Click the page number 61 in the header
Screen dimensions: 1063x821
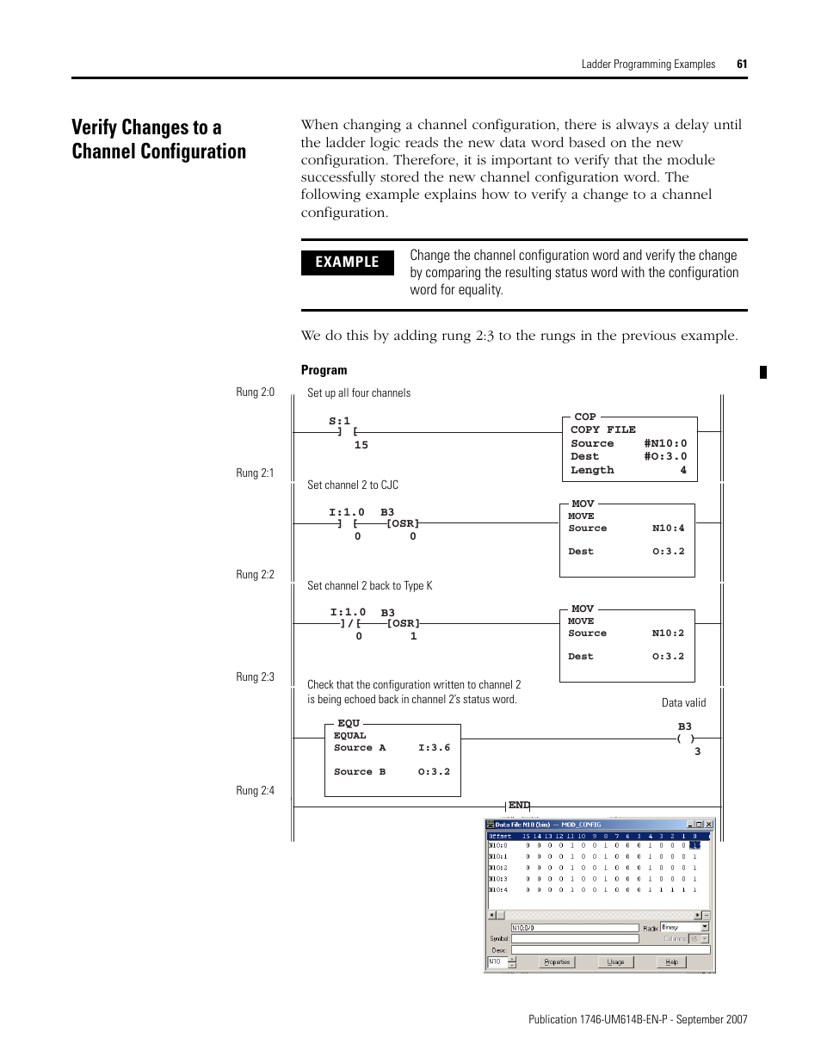point(742,64)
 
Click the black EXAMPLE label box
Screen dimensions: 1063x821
point(347,262)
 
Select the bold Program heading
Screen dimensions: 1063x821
point(324,370)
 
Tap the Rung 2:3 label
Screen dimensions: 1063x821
point(255,677)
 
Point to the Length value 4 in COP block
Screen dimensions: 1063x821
point(683,470)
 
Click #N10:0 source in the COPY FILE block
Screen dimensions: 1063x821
point(665,443)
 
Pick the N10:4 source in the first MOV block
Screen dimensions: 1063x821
point(668,528)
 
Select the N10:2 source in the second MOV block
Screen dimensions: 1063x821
point(668,633)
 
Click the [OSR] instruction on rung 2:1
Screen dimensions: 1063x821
point(403,523)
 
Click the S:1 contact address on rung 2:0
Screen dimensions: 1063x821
point(339,421)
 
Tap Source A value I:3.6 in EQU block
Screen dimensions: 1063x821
point(434,748)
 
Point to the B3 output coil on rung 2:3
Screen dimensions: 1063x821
point(685,738)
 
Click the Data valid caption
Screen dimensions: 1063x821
point(683,702)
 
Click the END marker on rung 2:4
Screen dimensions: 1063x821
point(518,806)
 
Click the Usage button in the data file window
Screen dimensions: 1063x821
point(615,962)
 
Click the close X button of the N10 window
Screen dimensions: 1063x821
point(709,825)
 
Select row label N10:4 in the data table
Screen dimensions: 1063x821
point(498,890)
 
